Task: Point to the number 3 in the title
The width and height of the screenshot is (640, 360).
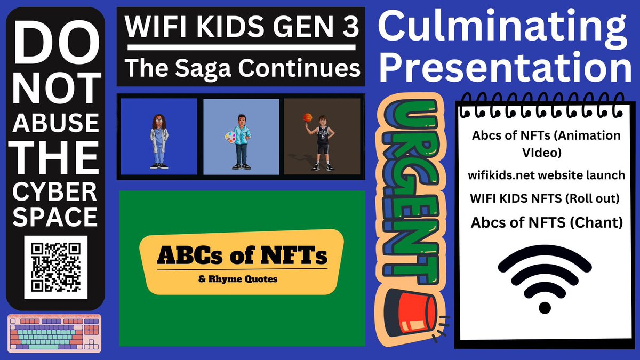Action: [x=350, y=28]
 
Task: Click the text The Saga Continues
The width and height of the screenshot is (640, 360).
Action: [x=241, y=69]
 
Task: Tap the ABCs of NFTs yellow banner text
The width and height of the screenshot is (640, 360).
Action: [x=242, y=257]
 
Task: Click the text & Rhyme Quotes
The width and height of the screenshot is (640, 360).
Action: [x=242, y=278]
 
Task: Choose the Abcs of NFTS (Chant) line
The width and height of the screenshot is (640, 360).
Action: [x=547, y=222]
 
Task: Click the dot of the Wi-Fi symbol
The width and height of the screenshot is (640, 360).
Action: [x=545, y=307]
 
